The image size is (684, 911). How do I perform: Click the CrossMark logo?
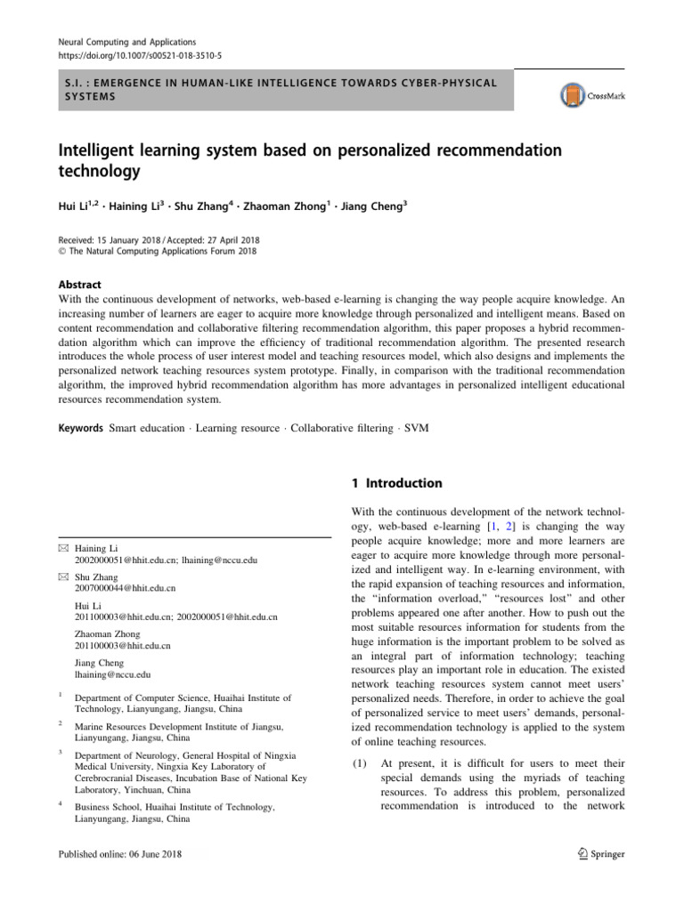coord(591,94)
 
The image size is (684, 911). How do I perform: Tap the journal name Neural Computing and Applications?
coord(126,42)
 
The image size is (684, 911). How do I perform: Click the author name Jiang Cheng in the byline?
coord(374,204)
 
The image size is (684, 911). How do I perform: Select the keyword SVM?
coord(416,428)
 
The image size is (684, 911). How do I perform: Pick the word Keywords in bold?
coord(81,428)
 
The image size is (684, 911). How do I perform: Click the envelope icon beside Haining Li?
coord(62,550)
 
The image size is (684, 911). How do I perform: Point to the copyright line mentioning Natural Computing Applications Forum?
coord(158,251)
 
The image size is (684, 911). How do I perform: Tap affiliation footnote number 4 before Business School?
coord(60,804)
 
